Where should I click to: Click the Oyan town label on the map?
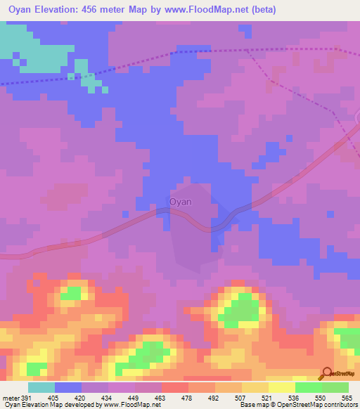click(x=181, y=202)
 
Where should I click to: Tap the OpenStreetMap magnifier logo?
click(x=327, y=373)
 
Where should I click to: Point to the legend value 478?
click(x=186, y=398)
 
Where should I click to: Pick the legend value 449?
click(x=133, y=398)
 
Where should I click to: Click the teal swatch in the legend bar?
click(x=41, y=387)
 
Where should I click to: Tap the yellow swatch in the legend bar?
click(x=282, y=387)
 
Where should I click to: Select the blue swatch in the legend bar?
click(x=68, y=387)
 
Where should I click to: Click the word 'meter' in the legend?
click(x=10, y=398)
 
